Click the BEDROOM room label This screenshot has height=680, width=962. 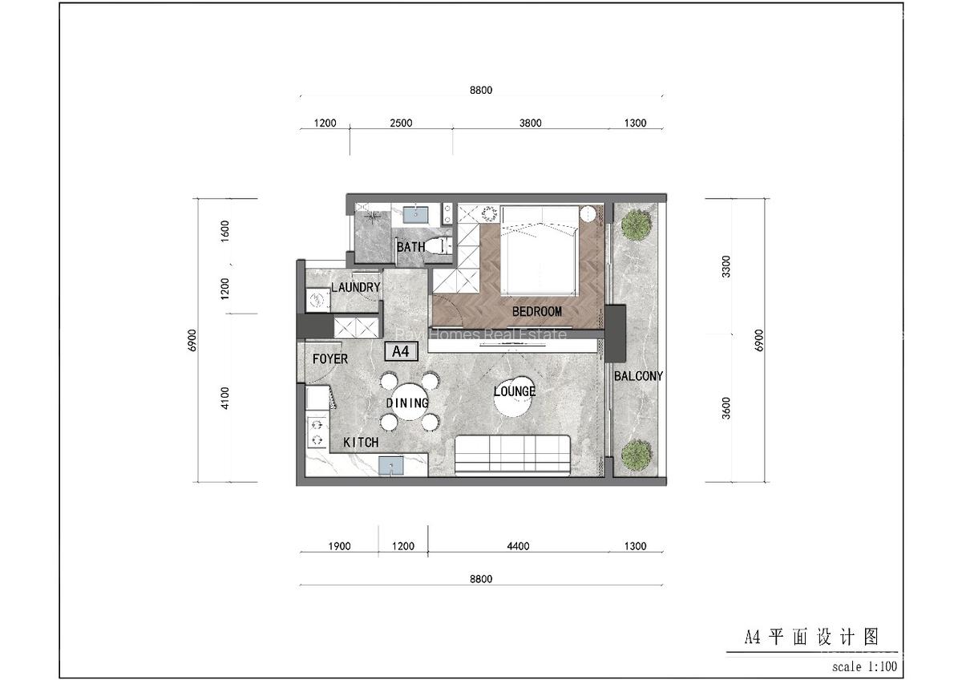pyautogui.click(x=536, y=311)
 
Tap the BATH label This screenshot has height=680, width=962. pyautogui.click(x=410, y=247)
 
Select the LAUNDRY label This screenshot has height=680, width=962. pyautogui.click(x=355, y=287)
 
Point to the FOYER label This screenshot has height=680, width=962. pyautogui.click(x=330, y=358)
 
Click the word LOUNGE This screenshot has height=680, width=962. pyautogui.click(x=514, y=391)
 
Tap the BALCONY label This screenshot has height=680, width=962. pyautogui.click(x=638, y=375)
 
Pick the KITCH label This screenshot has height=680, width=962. pyautogui.click(x=361, y=443)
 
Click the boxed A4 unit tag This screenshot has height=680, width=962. pyautogui.click(x=401, y=351)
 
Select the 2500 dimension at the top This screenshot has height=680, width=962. pyautogui.click(x=401, y=123)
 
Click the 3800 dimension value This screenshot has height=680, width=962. pyautogui.click(x=530, y=123)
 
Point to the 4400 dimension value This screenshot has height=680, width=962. pyautogui.click(x=518, y=547)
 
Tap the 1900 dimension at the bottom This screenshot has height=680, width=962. pyautogui.click(x=339, y=547)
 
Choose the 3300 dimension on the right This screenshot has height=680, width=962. pyautogui.click(x=726, y=266)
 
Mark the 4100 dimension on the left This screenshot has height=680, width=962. pyautogui.click(x=225, y=398)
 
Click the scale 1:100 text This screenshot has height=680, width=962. pyautogui.click(x=864, y=666)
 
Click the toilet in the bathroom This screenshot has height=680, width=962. pyautogui.click(x=436, y=246)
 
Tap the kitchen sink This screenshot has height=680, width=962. pyautogui.click(x=392, y=466)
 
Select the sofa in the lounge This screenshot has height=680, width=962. pyautogui.click(x=513, y=454)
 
